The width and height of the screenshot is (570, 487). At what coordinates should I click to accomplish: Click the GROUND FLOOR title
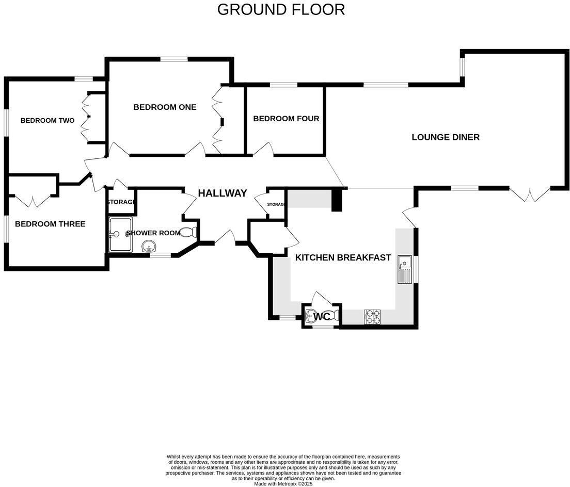(x=281, y=9)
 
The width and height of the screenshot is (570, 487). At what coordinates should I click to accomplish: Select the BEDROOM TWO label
(x=47, y=120)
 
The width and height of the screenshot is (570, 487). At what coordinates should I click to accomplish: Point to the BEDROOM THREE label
(x=50, y=224)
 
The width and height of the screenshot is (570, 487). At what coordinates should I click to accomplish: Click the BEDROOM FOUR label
(x=286, y=119)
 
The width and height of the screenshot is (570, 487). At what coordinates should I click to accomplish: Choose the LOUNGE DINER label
(x=446, y=137)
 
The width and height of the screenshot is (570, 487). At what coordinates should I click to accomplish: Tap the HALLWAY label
(x=223, y=193)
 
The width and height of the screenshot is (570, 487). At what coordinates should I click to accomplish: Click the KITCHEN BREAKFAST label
(x=343, y=257)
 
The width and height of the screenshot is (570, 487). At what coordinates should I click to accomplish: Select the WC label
(x=322, y=316)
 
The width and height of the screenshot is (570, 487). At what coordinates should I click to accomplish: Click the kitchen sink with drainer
(x=404, y=270)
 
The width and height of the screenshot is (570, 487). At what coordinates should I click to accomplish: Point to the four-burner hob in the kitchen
(x=372, y=316)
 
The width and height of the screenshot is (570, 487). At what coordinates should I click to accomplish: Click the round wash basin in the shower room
(x=149, y=247)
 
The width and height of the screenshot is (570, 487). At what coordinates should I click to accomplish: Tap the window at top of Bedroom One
(x=173, y=59)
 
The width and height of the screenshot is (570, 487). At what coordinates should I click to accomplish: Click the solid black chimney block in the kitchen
(x=337, y=200)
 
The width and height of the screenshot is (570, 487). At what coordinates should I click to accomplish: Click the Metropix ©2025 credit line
(x=283, y=484)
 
